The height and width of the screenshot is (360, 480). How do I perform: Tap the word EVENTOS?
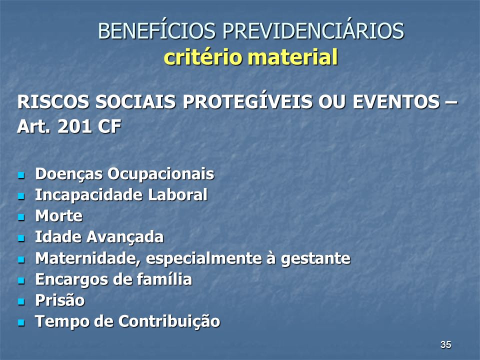[x=396, y=101]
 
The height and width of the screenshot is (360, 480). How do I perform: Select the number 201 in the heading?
[x=74, y=126]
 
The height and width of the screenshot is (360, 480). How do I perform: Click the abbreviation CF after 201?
[x=109, y=126]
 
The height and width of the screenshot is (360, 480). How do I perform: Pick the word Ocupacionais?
[x=160, y=174]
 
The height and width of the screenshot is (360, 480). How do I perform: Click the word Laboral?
[x=177, y=194]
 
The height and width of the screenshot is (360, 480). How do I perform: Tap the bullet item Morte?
[x=59, y=216]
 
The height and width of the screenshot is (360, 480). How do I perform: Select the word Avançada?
[x=125, y=237]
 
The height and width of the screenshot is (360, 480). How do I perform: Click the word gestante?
[x=315, y=258]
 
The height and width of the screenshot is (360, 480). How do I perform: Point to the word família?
[x=164, y=279]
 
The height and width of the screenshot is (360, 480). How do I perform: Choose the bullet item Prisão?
[x=59, y=300]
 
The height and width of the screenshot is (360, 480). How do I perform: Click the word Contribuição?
[x=169, y=321]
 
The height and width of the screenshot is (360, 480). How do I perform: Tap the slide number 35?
[x=445, y=344]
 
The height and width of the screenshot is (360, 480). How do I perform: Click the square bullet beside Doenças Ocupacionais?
[x=21, y=175]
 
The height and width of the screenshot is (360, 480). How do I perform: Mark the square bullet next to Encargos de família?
[x=21, y=280]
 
